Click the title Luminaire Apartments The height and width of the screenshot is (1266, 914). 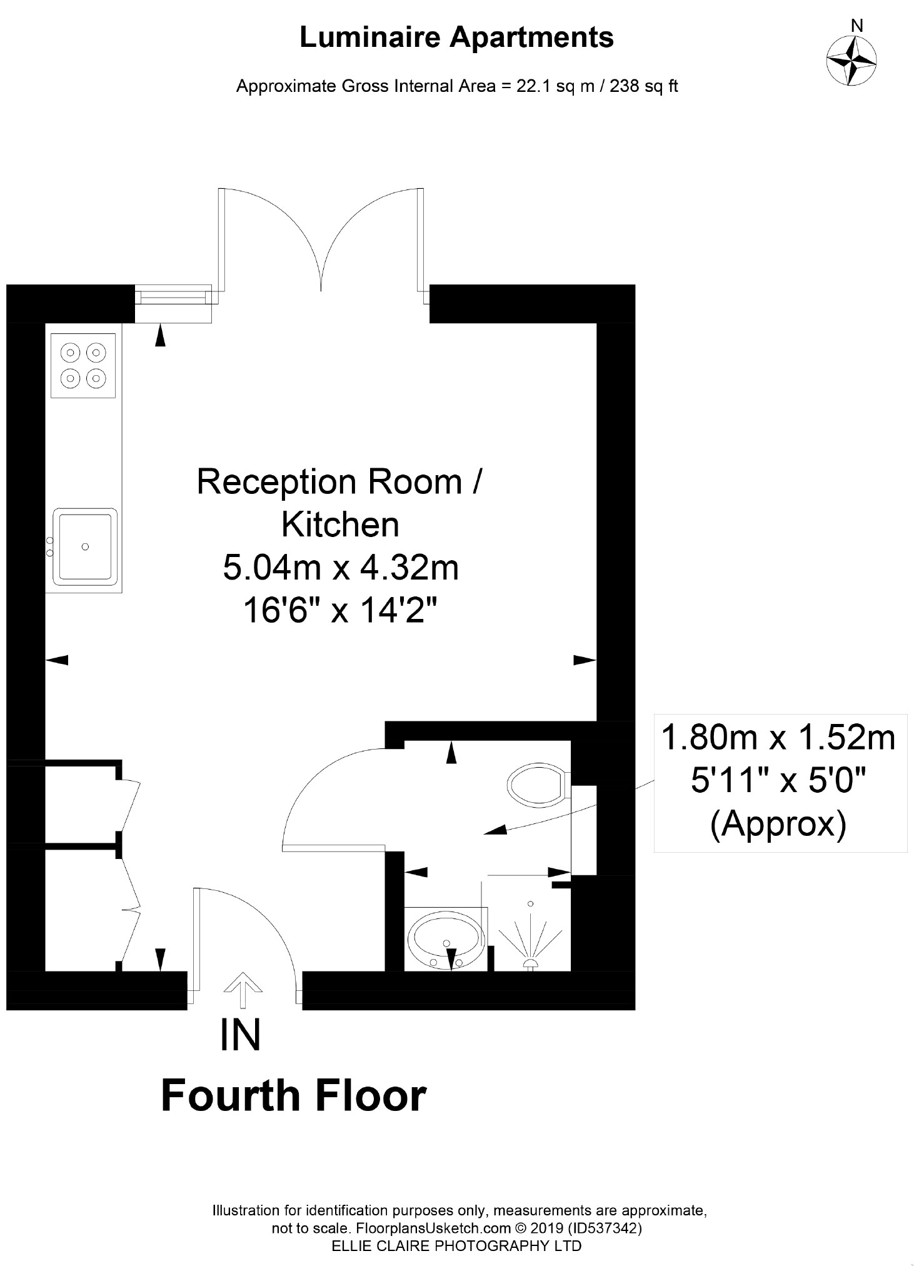pyautogui.click(x=456, y=38)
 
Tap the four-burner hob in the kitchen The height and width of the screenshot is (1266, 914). pyautogui.click(x=83, y=365)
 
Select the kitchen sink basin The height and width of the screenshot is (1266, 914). pyautogui.click(x=86, y=546)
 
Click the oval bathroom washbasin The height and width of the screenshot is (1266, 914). pyautogui.click(x=445, y=941)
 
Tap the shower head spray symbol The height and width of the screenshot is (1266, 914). pyautogui.click(x=530, y=936)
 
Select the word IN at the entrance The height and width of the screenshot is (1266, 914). pyautogui.click(x=240, y=1034)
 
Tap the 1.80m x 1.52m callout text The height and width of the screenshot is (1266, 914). pyautogui.click(x=778, y=738)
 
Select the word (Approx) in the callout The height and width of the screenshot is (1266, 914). pyautogui.click(x=778, y=824)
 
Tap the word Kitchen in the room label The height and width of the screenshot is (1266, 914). pyautogui.click(x=340, y=525)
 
